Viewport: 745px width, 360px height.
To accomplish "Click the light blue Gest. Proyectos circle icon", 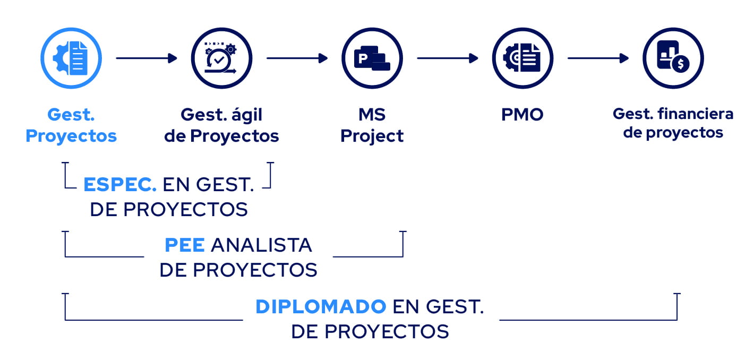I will [71, 58].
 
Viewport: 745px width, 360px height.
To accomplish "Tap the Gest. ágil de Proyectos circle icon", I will [221, 58].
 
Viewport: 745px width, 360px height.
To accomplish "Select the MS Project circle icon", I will [372, 58].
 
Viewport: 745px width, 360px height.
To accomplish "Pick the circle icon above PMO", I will [523, 58].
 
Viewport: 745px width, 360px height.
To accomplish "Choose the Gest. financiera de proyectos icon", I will [673, 58].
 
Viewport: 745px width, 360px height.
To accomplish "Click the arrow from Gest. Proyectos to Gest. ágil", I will [146, 58].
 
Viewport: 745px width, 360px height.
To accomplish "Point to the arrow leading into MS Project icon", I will [297, 58].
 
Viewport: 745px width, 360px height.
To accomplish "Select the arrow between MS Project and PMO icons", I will [447, 58].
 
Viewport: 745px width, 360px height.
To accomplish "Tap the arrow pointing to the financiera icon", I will [598, 58].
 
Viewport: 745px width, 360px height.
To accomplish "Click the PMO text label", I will [523, 115].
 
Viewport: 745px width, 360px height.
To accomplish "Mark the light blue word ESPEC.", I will [119, 185].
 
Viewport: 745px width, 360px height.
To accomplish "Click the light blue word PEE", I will [184, 245].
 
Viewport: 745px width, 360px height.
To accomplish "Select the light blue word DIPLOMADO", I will [320, 307].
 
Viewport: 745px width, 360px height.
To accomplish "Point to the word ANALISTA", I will [261, 245].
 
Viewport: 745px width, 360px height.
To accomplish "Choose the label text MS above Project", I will [372, 115].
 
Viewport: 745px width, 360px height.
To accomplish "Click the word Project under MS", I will [372, 136].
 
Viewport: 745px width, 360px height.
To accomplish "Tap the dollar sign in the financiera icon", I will [680, 64].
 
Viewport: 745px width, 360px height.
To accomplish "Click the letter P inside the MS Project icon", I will [363, 57].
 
